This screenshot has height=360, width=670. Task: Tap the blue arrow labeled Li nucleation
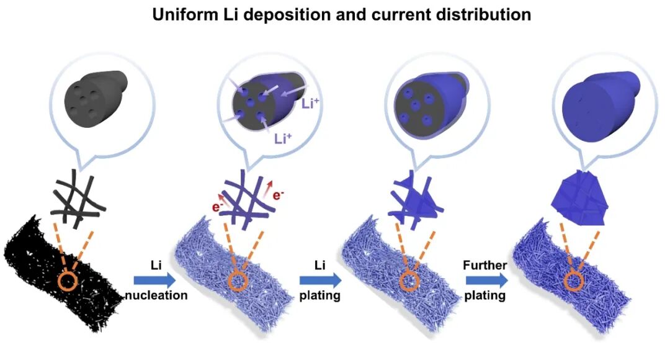151,281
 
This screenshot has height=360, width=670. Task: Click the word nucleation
156,295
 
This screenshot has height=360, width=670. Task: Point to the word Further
485,266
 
